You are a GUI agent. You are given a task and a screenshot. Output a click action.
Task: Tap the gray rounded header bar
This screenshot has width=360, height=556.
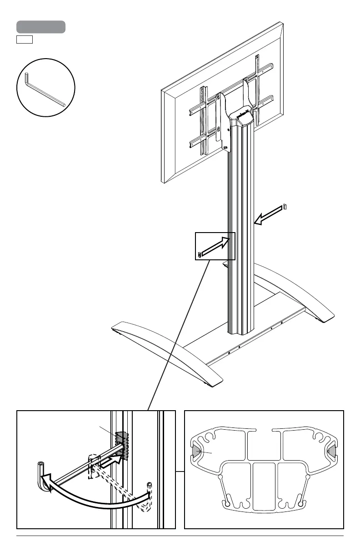(x=41, y=27)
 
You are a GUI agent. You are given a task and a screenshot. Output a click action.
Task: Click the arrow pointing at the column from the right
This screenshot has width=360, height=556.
(x=268, y=214)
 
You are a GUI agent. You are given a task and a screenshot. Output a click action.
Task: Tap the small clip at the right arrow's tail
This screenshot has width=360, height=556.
(x=285, y=206)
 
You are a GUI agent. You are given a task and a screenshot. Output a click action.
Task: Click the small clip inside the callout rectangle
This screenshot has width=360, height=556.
(x=200, y=254)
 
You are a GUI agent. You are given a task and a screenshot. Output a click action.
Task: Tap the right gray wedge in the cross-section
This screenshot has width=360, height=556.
(x=332, y=451)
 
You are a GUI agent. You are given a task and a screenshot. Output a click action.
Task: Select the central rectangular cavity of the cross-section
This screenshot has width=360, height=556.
(x=264, y=486)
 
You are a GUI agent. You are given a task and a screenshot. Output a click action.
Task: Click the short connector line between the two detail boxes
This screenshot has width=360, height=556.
(x=180, y=472)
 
